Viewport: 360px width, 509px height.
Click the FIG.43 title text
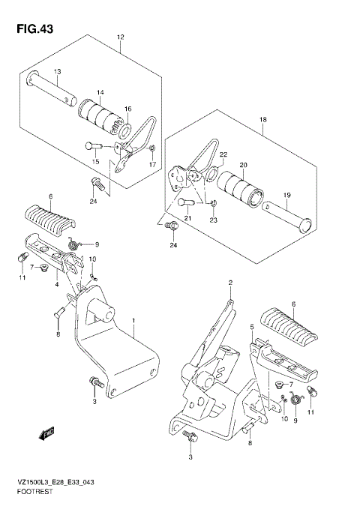pos(34,29)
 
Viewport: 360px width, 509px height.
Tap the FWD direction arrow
pos(46,433)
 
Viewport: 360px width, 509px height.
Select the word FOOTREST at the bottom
pos(35,492)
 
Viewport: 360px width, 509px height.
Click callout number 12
pos(120,37)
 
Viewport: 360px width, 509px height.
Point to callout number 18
pos(263,119)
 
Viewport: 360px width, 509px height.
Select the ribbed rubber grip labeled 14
pos(100,117)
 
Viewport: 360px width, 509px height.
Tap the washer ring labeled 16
pos(125,130)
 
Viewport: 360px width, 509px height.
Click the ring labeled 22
pos(212,173)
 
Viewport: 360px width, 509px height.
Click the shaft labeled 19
pos(287,217)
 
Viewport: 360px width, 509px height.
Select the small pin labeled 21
pos(186,203)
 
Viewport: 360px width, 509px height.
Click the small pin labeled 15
pos(94,145)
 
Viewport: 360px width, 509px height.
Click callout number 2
pos(230,283)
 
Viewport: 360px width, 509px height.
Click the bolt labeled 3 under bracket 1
pos(97,382)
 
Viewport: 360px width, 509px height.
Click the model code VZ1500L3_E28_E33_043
pos(56,482)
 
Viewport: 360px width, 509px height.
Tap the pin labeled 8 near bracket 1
pos(60,311)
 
